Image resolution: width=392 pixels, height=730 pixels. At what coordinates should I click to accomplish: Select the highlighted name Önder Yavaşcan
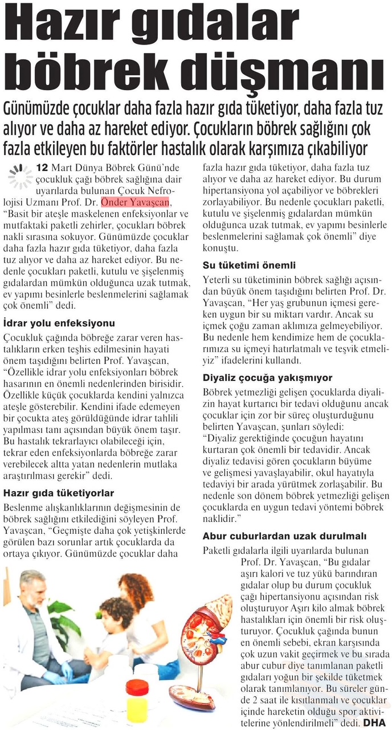coord(135,203)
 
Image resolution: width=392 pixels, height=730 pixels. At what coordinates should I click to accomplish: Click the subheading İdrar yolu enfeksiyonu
coord(59,322)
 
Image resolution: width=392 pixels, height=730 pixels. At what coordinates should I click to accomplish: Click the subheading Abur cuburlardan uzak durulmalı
coord(283,536)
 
